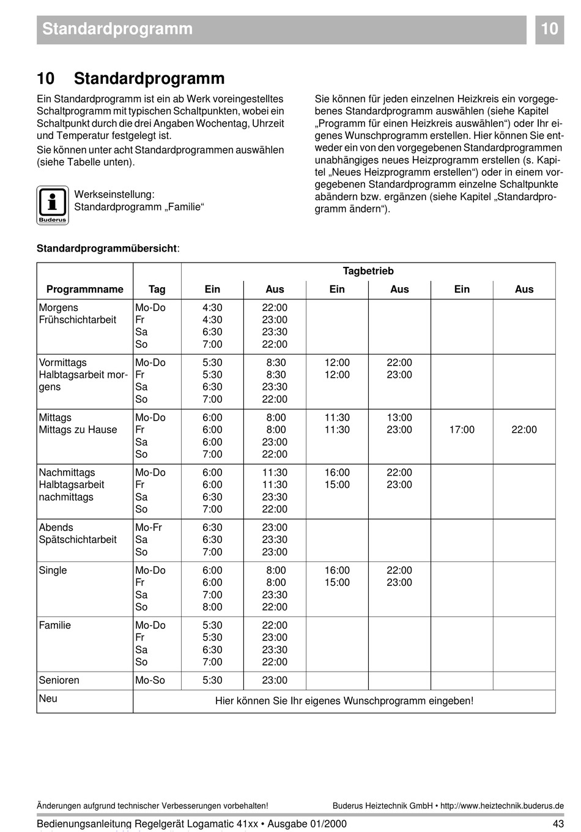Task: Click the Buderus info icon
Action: (x=53, y=204)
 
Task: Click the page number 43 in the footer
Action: (x=558, y=823)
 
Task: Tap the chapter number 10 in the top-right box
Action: (x=549, y=29)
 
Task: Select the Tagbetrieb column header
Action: (x=368, y=271)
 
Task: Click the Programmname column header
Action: (x=84, y=290)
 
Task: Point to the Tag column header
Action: (x=157, y=290)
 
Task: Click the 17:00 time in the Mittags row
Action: (x=462, y=430)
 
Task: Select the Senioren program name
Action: (x=59, y=680)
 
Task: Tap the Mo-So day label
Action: (x=150, y=680)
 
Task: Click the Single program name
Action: (x=53, y=571)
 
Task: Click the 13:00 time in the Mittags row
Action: (x=399, y=418)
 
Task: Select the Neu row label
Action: (x=48, y=699)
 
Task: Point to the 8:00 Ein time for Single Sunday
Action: (x=212, y=607)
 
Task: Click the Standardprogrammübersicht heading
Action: (x=108, y=249)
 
